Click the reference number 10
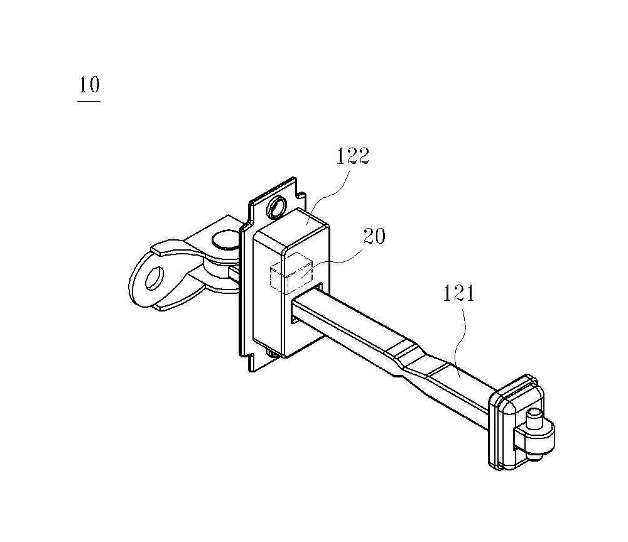89,85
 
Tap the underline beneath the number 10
89,101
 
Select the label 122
352,156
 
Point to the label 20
374,236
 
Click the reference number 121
458,293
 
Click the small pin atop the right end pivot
534,418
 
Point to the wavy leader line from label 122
327,193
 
